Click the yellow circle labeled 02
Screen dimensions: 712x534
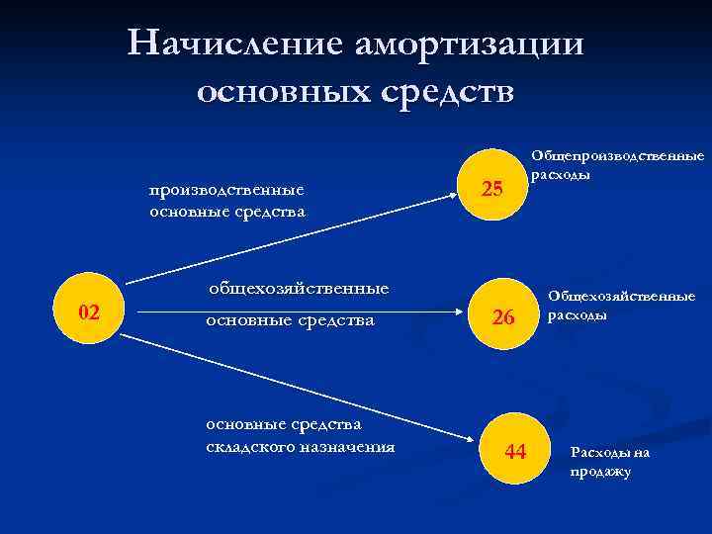click(88, 313)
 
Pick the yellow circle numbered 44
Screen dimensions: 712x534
click(515, 452)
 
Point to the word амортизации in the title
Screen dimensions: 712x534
click(465, 44)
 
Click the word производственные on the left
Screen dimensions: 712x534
click(226, 190)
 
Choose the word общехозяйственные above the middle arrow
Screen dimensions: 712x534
click(298, 289)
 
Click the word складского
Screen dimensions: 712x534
click(244, 446)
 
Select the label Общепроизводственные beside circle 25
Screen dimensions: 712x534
click(617, 156)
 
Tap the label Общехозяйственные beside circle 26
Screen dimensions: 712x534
click(622, 296)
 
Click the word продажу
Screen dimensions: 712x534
click(600, 472)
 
